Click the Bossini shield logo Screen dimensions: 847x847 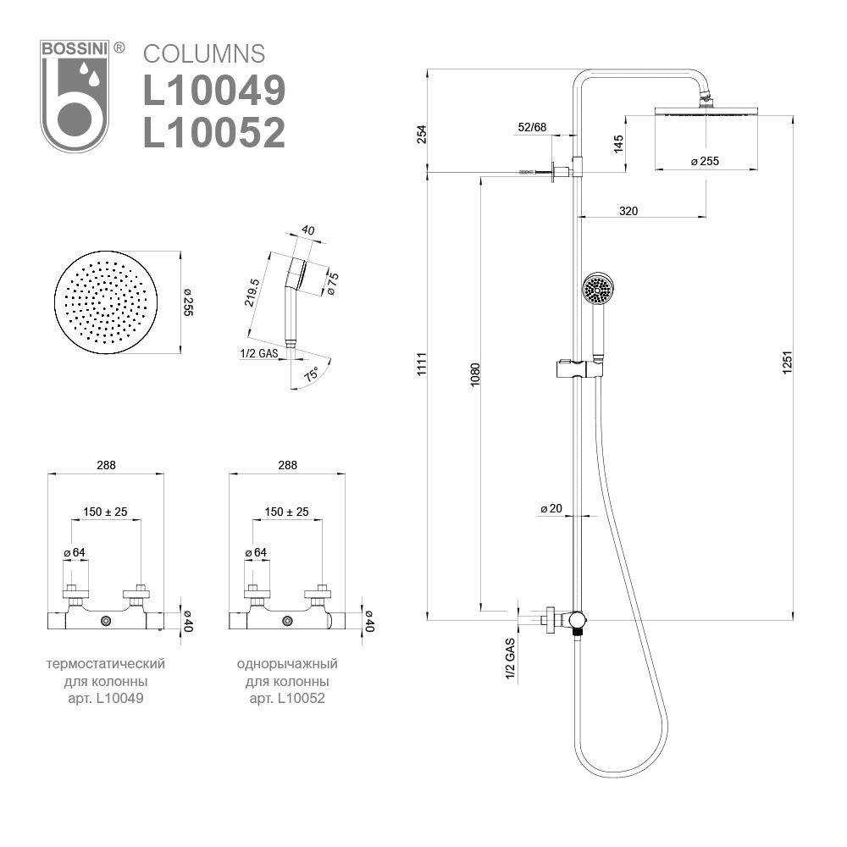(75, 96)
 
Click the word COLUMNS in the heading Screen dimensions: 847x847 (204, 54)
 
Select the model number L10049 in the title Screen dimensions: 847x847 (214, 91)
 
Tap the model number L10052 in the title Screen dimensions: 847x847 (214, 132)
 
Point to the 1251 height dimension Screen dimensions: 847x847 (787, 362)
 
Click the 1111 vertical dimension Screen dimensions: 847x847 (422, 363)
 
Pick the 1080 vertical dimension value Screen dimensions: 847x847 (475, 374)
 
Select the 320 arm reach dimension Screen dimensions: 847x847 (628, 211)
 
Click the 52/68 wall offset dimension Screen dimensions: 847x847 (532, 127)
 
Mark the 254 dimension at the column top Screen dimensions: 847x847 (422, 134)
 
